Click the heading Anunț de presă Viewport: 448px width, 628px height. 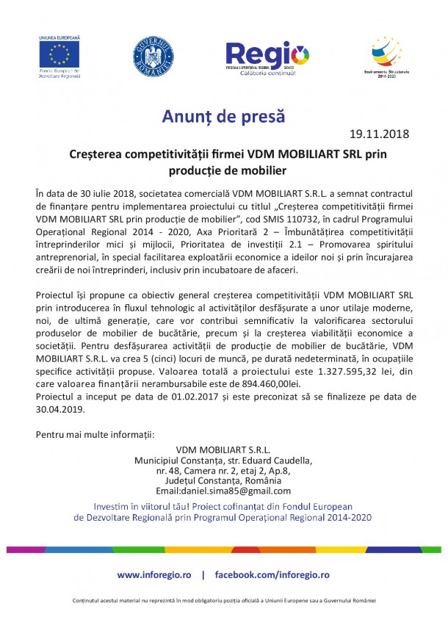pyautogui.click(x=223, y=116)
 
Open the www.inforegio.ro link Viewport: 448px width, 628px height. pyautogui.click(x=154, y=574)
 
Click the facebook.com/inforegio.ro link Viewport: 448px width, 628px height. pyautogui.click(x=272, y=574)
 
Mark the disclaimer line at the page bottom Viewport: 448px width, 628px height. pyautogui.click(x=224, y=601)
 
